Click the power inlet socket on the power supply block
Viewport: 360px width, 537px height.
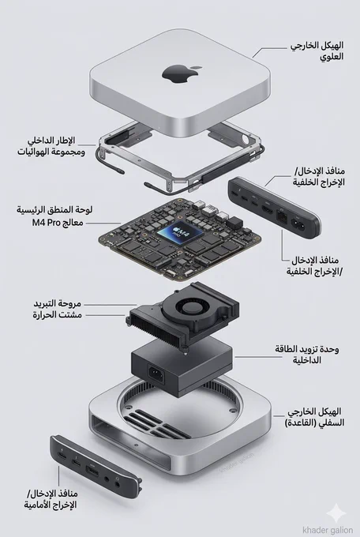tap(156, 374)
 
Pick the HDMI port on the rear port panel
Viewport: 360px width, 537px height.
tap(267, 208)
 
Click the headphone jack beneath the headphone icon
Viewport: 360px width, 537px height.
tap(118, 484)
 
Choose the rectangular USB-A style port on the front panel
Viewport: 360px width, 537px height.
tap(92, 474)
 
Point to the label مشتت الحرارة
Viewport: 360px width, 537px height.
tap(57, 314)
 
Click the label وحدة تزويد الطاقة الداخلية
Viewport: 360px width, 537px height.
tap(306, 355)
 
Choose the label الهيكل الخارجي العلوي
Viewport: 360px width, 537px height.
tap(317, 51)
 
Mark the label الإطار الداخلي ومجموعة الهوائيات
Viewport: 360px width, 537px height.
tap(51, 146)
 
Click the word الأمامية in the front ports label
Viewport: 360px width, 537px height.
tap(38, 505)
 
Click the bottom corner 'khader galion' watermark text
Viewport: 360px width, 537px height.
tap(328, 530)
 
